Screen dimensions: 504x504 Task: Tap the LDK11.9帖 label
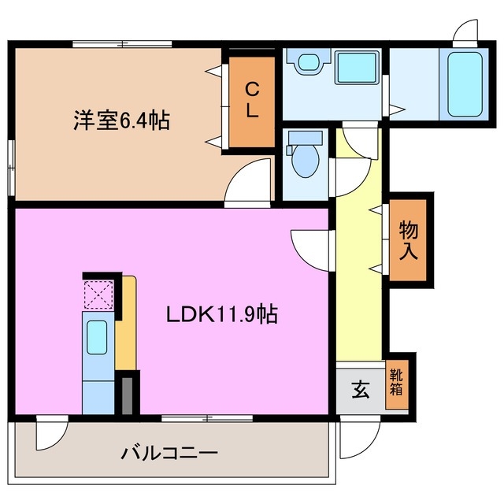[220, 314]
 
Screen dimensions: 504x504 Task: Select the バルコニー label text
[169, 454]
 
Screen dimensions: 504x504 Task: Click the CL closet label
[251, 100]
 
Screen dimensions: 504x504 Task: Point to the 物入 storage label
[409, 241]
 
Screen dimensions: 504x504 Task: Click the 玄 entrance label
[360, 390]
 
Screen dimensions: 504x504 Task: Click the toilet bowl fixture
[303, 158]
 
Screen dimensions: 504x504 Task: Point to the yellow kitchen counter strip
[126, 323]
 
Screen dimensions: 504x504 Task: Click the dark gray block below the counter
[127, 394]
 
